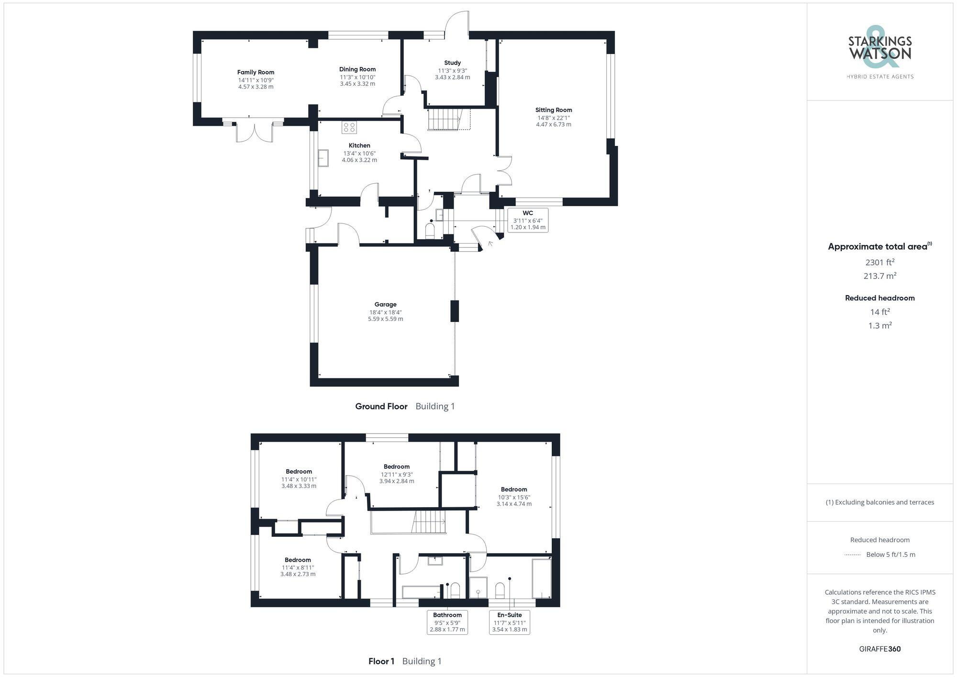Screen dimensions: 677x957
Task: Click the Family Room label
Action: tap(256, 72)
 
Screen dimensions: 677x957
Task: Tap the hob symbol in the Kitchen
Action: tap(349, 127)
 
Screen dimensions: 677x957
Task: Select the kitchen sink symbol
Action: tap(323, 158)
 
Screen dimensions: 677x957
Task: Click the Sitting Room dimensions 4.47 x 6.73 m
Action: tap(553, 124)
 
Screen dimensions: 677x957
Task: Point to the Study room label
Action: tap(452, 63)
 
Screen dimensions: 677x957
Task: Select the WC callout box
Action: tap(527, 220)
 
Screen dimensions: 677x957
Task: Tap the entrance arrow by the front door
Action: tap(490, 244)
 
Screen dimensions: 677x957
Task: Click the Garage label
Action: tap(385, 304)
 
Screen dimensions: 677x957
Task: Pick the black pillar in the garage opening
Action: tap(455, 311)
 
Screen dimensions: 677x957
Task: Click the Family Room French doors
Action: tap(255, 133)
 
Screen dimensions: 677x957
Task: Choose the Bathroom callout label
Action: tap(447, 622)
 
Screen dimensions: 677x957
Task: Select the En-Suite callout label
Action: tap(509, 622)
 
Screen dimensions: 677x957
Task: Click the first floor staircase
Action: tap(429, 522)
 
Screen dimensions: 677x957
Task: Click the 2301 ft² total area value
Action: tap(879, 262)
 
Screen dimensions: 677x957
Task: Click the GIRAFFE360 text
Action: tap(879, 649)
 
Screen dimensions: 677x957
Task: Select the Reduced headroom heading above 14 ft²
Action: tap(879, 298)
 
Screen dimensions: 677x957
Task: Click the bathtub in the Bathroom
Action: tap(421, 592)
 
